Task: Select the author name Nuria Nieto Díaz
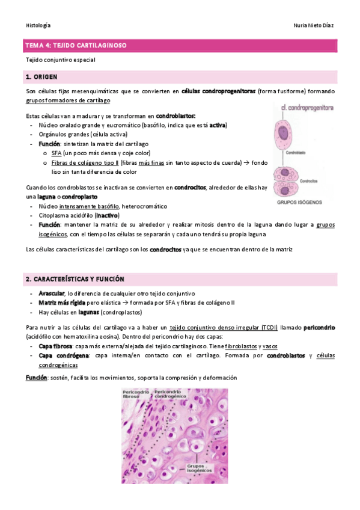313,25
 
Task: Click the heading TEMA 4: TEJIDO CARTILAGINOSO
76,45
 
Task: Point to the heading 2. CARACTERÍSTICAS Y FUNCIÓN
75,279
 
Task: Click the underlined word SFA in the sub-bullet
57,153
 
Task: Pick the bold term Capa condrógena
61,356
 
